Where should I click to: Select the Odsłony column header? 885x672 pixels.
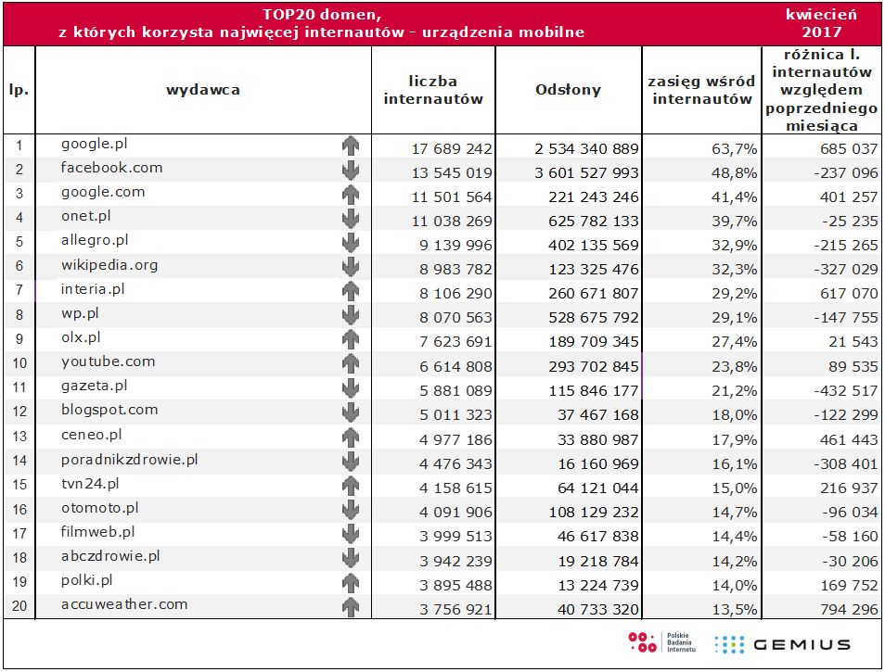568,90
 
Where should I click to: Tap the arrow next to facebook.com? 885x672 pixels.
350,170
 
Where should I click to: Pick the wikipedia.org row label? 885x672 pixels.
109,265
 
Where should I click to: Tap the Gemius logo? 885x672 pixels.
782,644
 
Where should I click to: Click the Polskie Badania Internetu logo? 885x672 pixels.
656,642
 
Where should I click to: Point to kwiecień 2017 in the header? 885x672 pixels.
820,23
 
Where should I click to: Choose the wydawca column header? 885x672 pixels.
203,90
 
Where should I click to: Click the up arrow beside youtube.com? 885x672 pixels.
350,363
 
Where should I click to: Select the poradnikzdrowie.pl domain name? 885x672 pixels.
130,459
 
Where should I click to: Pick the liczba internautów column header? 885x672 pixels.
433,90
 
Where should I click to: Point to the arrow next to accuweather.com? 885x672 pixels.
350,606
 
